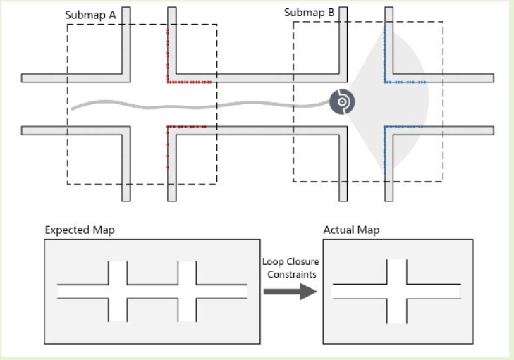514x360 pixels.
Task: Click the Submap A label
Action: pyautogui.click(x=95, y=14)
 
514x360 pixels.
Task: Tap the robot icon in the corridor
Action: pyautogui.click(x=342, y=102)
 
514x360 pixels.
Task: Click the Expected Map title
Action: pyautogui.click(x=80, y=230)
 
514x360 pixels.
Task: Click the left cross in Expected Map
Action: pyautogui.click(x=118, y=291)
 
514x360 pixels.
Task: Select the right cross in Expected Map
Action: pyautogui.click(x=187, y=291)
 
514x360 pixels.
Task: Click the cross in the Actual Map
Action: pyautogui.click(x=397, y=291)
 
